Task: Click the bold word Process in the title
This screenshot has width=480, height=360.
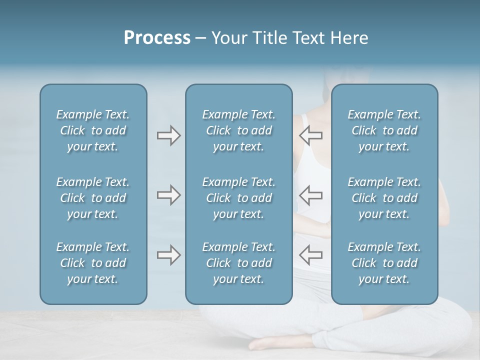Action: pos(157,38)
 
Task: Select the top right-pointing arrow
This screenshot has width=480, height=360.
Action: pos(168,135)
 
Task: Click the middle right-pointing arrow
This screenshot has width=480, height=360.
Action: pos(168,195)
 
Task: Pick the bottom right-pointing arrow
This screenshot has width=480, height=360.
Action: pos(168,255)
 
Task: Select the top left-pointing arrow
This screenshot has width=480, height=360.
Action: pos(310,135)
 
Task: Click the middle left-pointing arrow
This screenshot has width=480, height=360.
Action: pos(310,195)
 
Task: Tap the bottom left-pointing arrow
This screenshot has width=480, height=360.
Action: pos(310,255)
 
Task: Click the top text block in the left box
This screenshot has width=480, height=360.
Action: pos(93,130)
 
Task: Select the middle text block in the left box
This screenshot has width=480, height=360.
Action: pos(93,198)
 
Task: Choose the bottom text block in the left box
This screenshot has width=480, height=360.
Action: pos(93,263)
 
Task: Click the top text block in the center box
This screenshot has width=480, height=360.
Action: pos(238,130)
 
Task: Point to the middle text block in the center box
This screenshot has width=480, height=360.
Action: pos(238,198)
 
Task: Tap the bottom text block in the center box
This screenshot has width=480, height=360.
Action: pos(238,263)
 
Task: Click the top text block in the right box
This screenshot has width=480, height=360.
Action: pos(384,130)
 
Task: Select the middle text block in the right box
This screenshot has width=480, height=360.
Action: pos(384,198)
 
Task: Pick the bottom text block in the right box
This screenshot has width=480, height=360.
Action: pos(384,263)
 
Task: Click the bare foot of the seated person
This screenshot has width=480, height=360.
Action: pos(265,344)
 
